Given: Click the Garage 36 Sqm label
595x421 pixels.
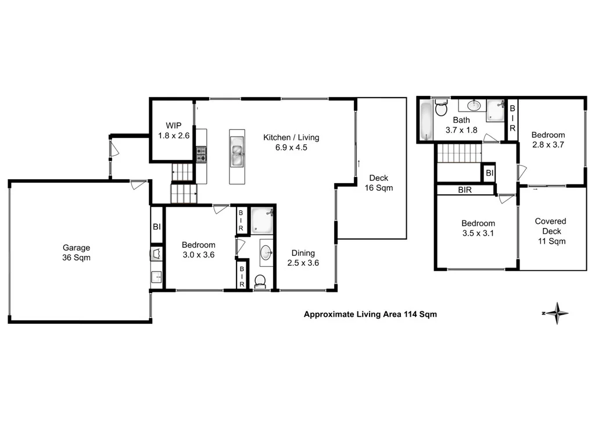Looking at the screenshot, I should pyautogui.click(x=77, y=252).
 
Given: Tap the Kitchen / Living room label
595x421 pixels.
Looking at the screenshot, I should pyautogui.click(x=291, y=142).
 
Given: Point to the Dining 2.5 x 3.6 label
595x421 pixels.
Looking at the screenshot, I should pyautogui.click(x=303, y=258).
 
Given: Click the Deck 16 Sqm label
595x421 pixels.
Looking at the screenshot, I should pyautogui.click(x=378, y=183).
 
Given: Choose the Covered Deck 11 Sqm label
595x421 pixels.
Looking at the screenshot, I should pyautogui.click(x=550, y=231).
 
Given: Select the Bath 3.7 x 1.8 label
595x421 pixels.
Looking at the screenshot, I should pyautogui.click(x=461, y=126).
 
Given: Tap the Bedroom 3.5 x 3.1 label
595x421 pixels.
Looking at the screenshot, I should pyautogui.click(x=478, y=228).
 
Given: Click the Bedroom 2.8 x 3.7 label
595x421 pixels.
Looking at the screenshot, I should pyautogui.click(x=548, y=140).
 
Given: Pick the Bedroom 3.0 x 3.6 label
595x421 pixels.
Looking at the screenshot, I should pyautogui.click(x=198, y=250).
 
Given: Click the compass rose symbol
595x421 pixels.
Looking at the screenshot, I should pyautogui.click(x=557, y=313).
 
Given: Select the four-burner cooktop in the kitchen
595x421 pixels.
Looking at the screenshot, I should pyautogui.click(x=201, y=154).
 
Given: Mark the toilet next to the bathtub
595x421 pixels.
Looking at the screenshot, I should pyautogui.click(x=441, y=108).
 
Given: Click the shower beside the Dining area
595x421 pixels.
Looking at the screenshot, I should pyautogui.click(x=262, y=220).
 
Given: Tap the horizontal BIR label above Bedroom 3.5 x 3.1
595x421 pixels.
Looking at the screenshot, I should pyautogui.click(x=464, y=190).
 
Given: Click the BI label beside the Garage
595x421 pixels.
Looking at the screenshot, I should pyautogui.click(x=156, y=226).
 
